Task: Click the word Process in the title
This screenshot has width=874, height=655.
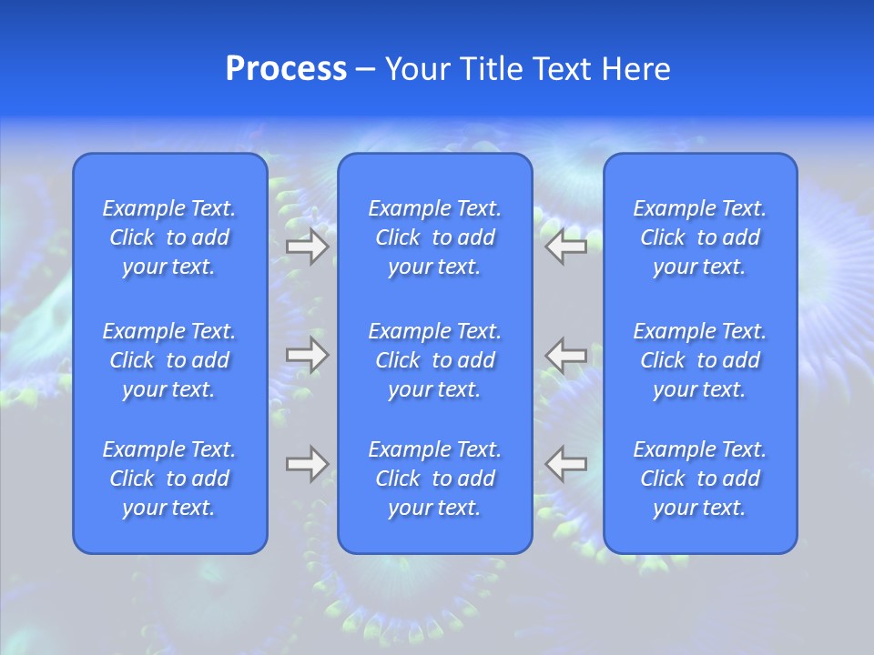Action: point(286,69)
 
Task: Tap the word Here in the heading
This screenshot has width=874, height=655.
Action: point(636,69)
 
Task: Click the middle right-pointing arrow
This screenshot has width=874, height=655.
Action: point(308,355)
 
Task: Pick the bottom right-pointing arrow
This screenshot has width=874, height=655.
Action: point(308,463)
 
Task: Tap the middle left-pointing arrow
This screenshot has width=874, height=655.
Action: point(566,355)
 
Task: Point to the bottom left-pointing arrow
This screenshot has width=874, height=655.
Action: point(566,463)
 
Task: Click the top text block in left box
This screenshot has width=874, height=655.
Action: point(169,237)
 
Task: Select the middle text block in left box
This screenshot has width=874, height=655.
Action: point(169,360)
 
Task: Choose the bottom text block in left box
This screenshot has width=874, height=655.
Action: point(169,479)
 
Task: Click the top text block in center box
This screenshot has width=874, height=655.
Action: point(435,237)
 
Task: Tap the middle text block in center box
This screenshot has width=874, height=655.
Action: point(435,360)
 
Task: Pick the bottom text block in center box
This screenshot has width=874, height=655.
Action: point(435,479)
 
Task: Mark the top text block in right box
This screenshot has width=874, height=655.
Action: point(700,237)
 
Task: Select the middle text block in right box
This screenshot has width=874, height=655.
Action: point(700,360)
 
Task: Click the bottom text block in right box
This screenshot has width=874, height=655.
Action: point(700,479)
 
